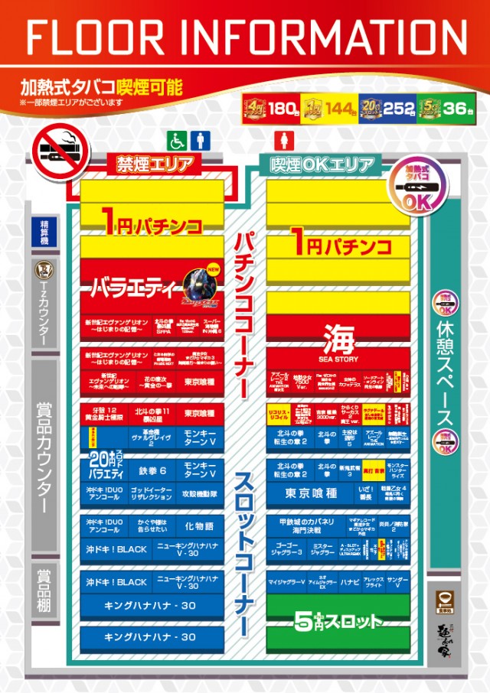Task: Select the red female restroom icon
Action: click(279, 141)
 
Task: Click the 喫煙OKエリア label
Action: click(322, 164)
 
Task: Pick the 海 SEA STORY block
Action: click(338, 340)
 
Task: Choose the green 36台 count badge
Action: click(444, 108)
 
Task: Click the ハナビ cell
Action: click(350, 582)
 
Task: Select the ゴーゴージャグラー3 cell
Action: click(285, 548)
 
